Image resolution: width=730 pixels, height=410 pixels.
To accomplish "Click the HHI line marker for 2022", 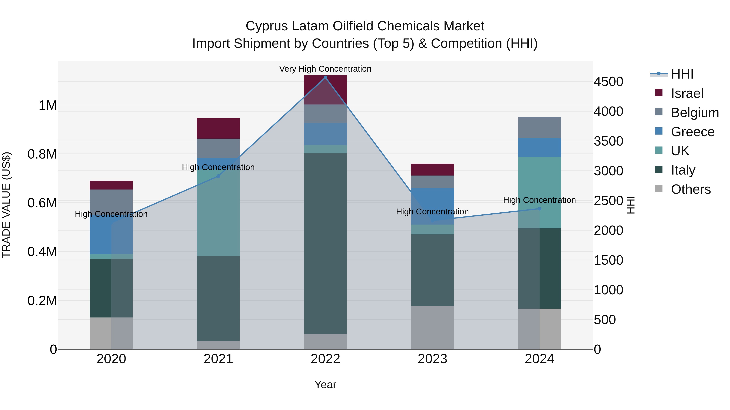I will pos(325,78).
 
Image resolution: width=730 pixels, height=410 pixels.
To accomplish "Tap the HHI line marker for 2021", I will pos(218,176).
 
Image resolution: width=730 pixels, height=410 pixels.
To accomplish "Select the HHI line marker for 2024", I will pos(539,209).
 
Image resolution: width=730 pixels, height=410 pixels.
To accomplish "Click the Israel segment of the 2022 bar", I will pos(325,90).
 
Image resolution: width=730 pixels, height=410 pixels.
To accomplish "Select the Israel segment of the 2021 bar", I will pos(218,128).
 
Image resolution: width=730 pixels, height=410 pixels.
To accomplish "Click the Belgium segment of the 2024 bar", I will pos(539,127).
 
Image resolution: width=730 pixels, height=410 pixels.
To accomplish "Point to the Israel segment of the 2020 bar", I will pos(111,185).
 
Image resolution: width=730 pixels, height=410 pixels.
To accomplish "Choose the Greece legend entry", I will pos(692,132).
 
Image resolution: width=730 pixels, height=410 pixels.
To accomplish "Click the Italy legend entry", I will pos(683,170).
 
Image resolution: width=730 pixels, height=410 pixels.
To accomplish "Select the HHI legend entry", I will pos(682,74).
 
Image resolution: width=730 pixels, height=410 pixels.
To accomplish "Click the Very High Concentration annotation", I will pos(325,69).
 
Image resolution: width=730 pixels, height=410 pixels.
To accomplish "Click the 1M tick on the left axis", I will pos(48,105).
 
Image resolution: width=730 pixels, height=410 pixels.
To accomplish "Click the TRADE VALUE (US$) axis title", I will pos(6,205).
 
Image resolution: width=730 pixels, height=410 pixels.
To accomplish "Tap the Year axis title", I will pos(325,384).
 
